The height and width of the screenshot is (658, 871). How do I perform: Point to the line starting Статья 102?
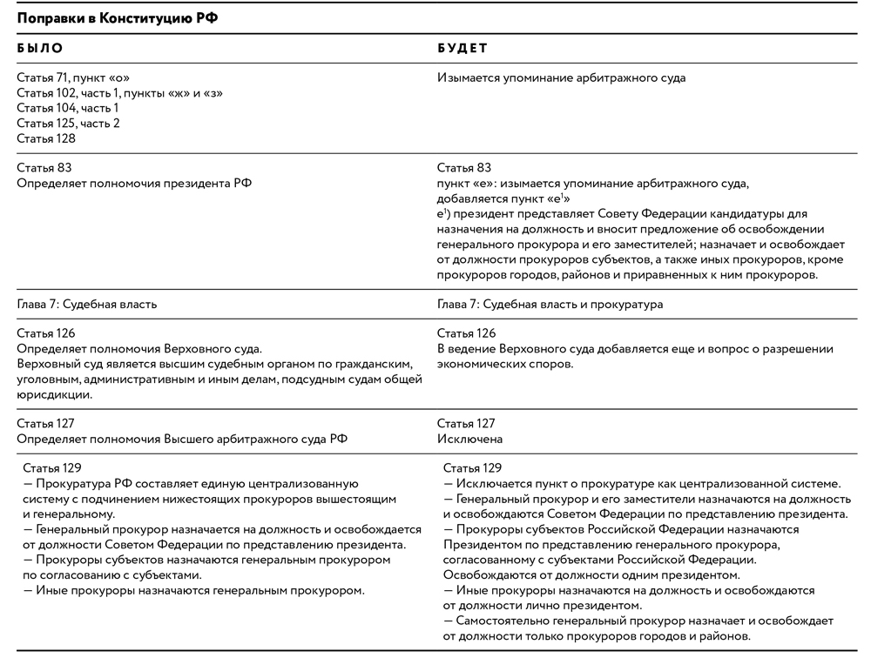point(119,93)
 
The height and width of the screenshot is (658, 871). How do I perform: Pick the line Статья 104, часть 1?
point(68,108)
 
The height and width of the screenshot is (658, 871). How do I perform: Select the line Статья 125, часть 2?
point(68,123)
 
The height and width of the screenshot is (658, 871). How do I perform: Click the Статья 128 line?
point(46,138)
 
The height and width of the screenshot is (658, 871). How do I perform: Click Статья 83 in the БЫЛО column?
point(45,167)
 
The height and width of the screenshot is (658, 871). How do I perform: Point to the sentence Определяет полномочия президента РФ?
point(133,182)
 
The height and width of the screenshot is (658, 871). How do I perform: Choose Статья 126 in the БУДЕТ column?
point(466,333)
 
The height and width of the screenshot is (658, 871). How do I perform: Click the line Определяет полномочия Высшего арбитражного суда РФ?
point(182,439)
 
